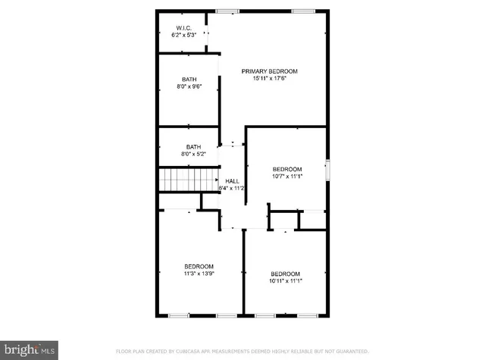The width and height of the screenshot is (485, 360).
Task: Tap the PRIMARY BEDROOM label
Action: (269, 71)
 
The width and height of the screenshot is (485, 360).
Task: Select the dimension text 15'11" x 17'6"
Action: (269, 78)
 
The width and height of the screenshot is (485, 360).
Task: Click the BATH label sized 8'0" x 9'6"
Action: (189, 80)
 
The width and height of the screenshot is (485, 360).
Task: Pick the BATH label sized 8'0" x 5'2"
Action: (193, 147)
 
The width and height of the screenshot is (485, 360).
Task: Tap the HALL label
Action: (232, 181)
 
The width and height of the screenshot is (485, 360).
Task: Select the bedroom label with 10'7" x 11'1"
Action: (287, 169)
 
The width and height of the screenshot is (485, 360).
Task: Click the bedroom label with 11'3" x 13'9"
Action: (199, 266)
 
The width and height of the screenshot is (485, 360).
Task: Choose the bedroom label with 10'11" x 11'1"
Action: (285, 274)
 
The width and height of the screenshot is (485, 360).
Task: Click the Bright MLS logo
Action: (29, 350)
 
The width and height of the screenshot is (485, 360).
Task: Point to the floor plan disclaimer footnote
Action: (242, 352)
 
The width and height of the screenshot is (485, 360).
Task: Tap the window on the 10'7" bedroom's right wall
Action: (327, 170)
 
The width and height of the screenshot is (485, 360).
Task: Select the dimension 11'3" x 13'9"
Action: (199, 274)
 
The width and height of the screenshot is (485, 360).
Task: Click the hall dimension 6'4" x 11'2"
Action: (232, 188)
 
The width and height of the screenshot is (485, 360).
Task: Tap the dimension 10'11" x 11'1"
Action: (285, 281)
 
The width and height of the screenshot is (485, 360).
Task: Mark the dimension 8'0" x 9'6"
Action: (189, 87)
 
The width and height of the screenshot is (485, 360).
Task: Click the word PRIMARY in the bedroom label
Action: (254, 71)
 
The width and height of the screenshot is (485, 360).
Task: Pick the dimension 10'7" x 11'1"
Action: (287, 177)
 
